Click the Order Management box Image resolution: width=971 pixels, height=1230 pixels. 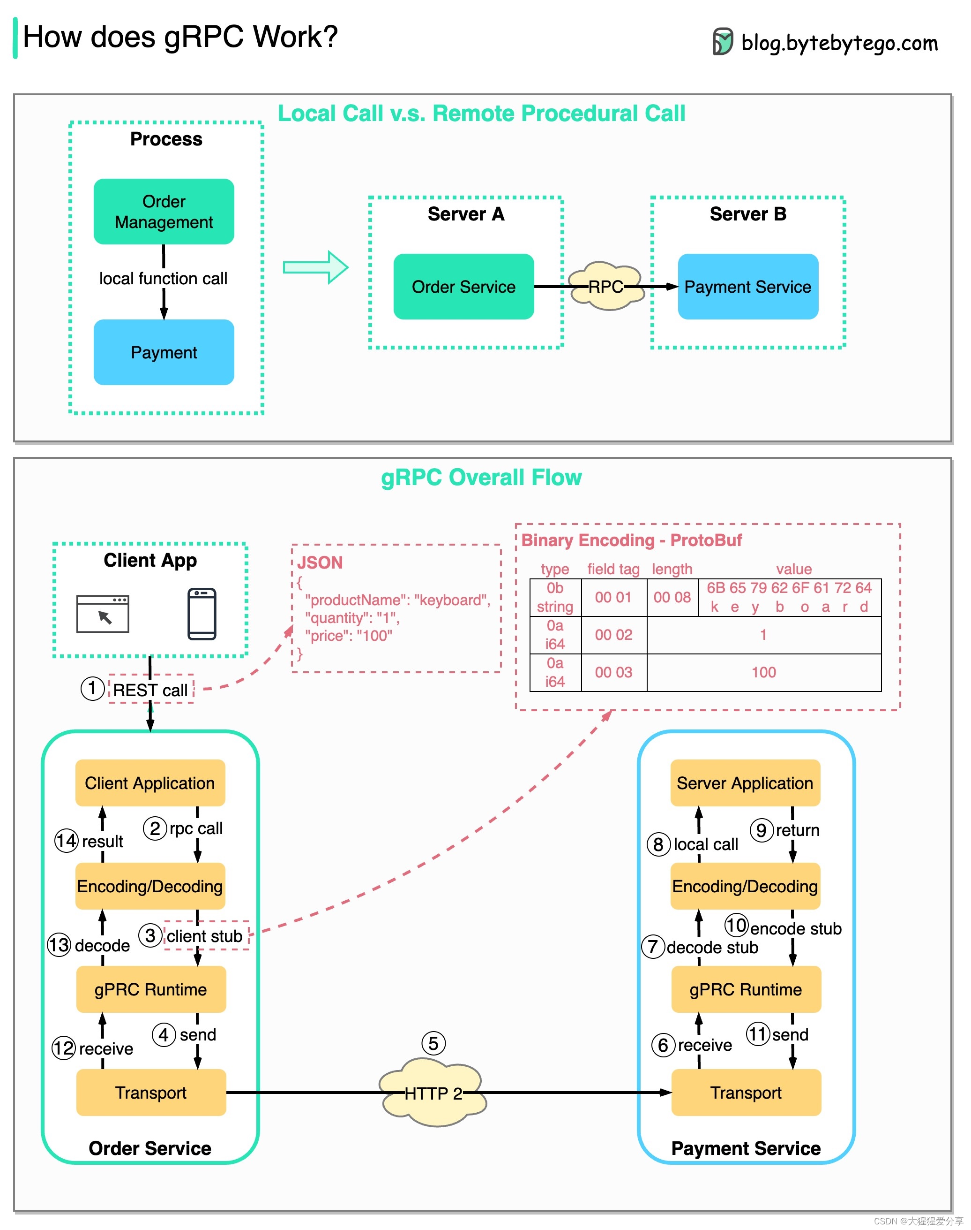click(x=164, y=212)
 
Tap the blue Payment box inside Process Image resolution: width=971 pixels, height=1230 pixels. click(x=164, y=352)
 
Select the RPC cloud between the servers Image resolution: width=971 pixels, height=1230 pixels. click(x=606, y=286)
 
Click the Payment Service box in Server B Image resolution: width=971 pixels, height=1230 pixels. click(x=747, y=287)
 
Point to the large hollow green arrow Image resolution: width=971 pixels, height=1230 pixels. click(x=316, y=267)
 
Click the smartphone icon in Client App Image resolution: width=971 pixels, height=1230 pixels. click(x=202, y=614)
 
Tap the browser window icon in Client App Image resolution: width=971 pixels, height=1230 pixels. click(x=103, y=614)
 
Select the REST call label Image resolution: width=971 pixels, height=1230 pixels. click(x=150, y=690)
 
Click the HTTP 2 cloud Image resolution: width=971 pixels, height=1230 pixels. click(x=433, y=1093)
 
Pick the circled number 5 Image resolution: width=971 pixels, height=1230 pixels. click(x=433, y=1043)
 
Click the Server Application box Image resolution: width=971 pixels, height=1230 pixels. click(x=745, y=783)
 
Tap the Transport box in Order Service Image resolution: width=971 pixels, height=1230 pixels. click(x=150, y=1093)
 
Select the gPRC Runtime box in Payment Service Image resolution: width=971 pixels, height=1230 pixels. click(x=746, y=989)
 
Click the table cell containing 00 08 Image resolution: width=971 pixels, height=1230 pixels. click(x=672, y=597)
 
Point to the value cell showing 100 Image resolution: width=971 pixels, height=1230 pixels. click(x=763, y=672)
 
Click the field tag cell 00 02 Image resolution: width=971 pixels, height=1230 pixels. click(x=613, y=635)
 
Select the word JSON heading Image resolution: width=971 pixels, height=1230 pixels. click(x=320, y=562)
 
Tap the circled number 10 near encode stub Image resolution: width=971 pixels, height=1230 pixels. click(x=736, y=925)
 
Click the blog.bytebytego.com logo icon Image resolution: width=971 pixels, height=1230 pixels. click(x=723, y=42)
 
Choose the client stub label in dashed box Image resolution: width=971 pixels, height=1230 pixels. click(x=205, y=936)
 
